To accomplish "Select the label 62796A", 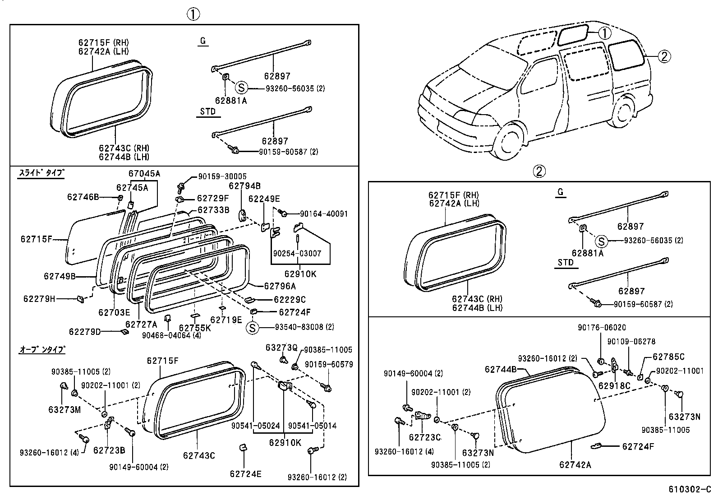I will coord(280,286).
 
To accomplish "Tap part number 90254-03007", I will coord(297,253).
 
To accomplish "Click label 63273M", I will coord(65,409).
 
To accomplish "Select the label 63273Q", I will coord(281,348).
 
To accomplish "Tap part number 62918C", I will coord(614,386).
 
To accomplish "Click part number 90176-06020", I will coord(602,328).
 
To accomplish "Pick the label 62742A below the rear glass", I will coord(575,464).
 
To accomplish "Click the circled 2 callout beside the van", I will coord(664,56).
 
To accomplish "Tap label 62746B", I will coord(83,197).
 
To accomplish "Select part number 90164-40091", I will coord(323,213).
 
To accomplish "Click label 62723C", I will coord(425,437).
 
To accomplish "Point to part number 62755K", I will coord(195,328).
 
